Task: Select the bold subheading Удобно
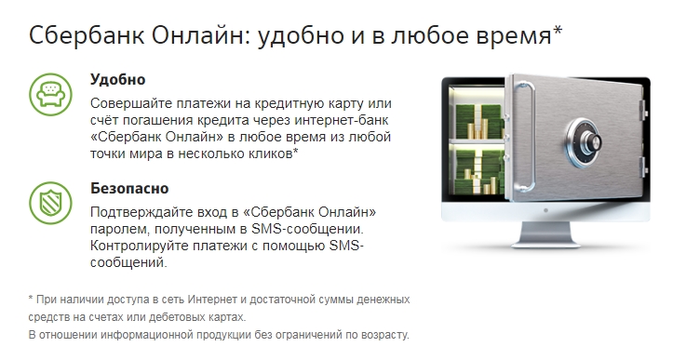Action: coord(118,79)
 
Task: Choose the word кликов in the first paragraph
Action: coord(271,153)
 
